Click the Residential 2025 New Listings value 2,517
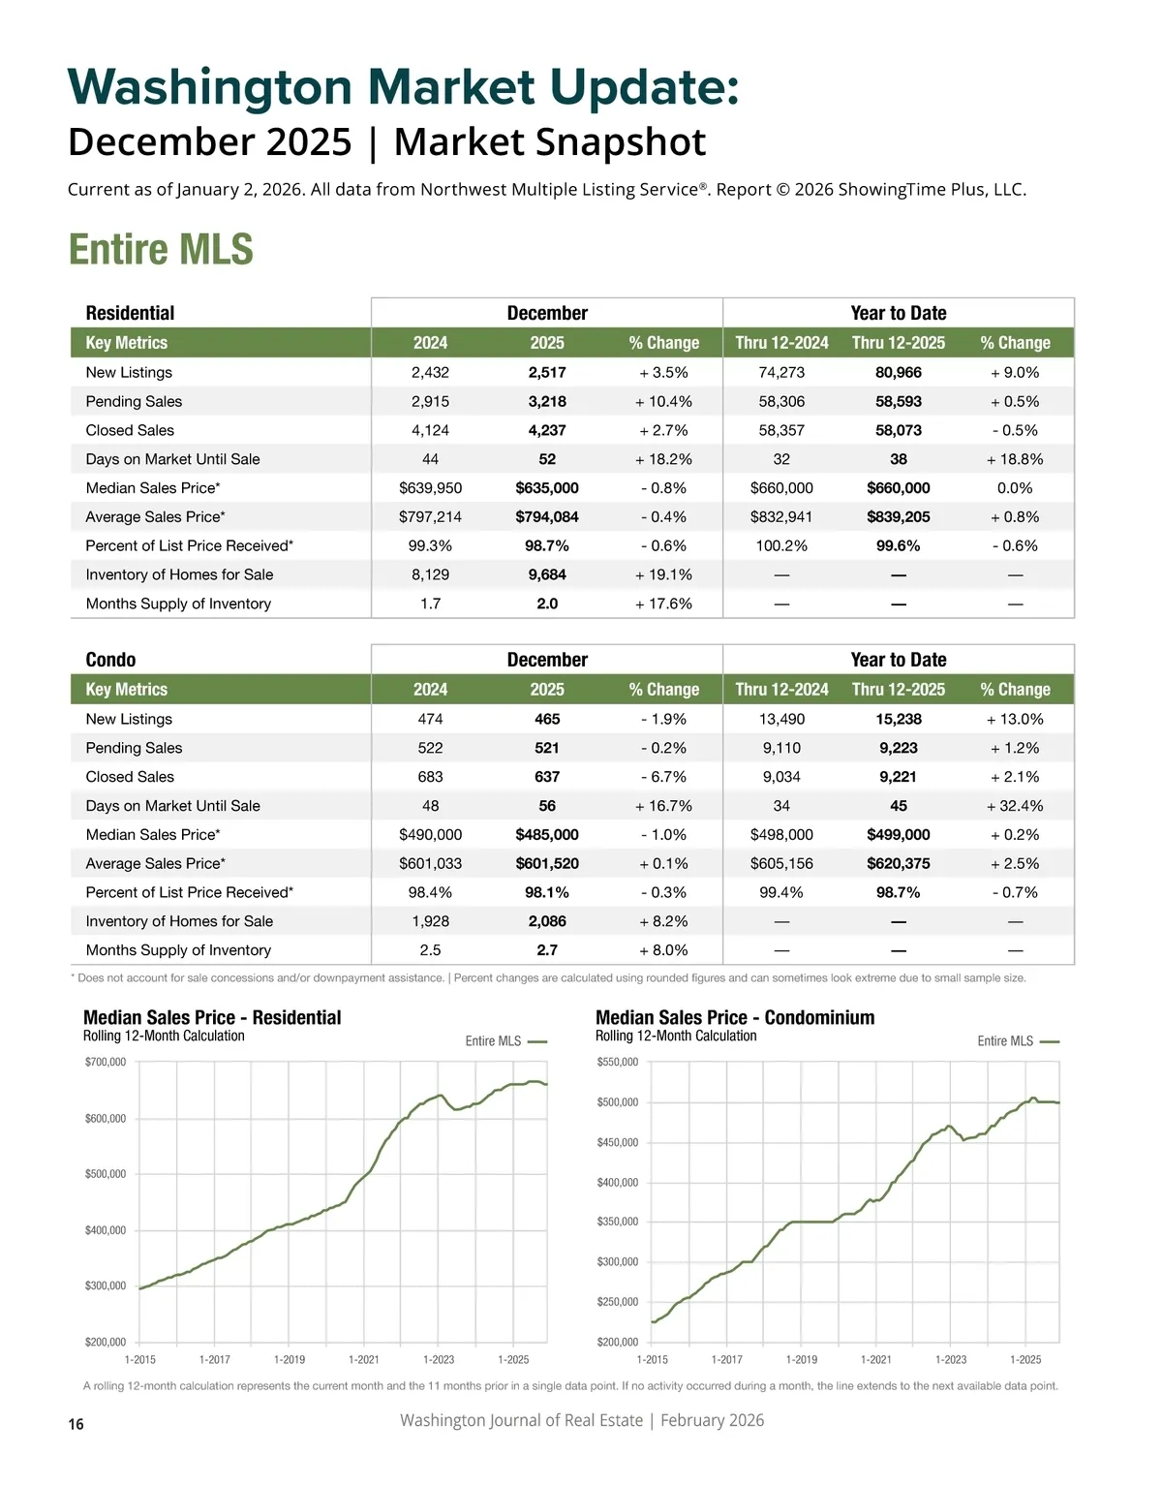(x=547, y=372)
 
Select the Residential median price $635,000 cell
(x=547, y=488)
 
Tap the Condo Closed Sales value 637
(x=547, y=777)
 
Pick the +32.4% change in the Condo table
(x=1014, y=806)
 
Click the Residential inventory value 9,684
(x=547, y=574)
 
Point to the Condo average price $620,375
(x=898, y=863)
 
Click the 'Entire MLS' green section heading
(x=161, y=250)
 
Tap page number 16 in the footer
(x=76, y=1424)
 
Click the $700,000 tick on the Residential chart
(x=106, y=1062)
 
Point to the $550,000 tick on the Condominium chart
(x=618, y=1062)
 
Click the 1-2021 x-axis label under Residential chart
(x=364, y=1360)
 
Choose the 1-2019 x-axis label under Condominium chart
(x=802, y=1360)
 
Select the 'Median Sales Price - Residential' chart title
(x=212, y=1017)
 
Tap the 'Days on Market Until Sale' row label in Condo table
(x=172, y=806)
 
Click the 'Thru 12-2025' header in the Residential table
(x=898, y=343)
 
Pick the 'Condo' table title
(x=110, y=660)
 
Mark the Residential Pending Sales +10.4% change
(x=663, y=401)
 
